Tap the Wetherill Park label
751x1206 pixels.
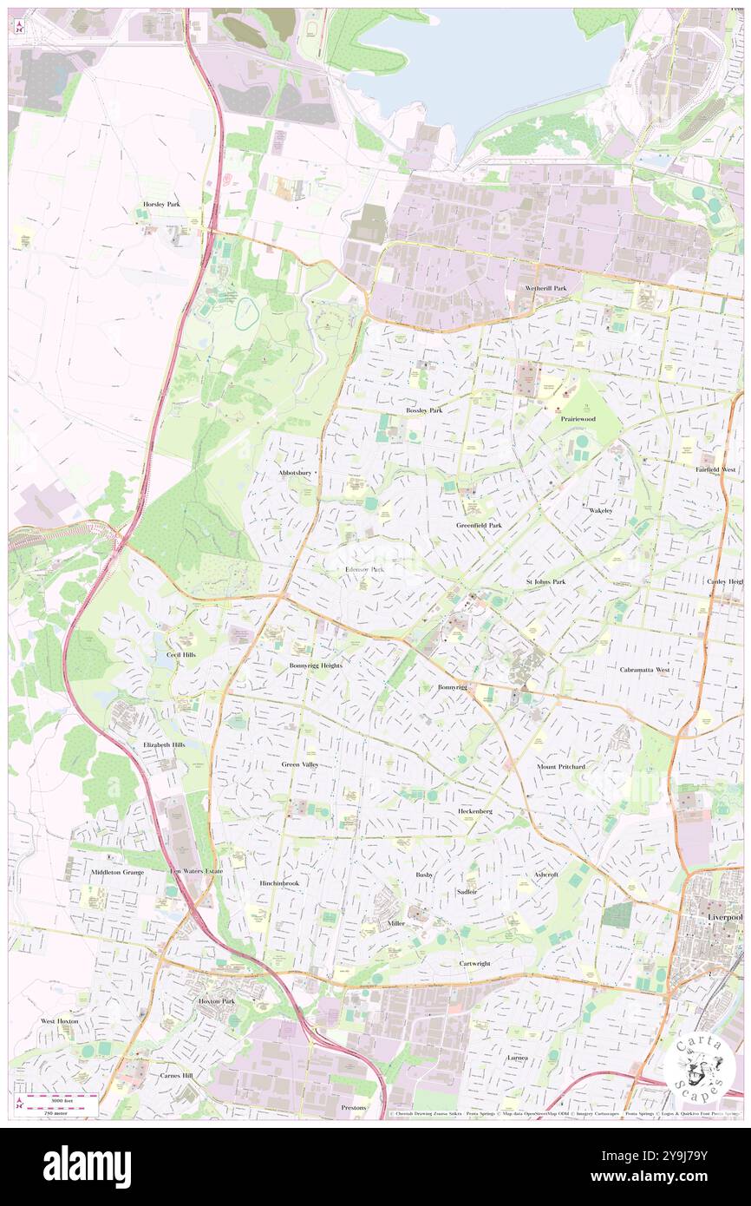pos(545,288)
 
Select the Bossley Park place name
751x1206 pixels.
pos(424,410)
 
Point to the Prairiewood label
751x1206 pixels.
pos(578,418)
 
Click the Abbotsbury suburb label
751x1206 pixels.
pos(295,473)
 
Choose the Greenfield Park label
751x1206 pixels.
pos(479,525)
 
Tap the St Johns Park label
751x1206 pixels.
pos(545,581)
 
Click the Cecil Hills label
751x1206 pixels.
pos(180,654)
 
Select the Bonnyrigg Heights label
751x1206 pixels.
pos(316,665)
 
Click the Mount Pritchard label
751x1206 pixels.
pos(561,767)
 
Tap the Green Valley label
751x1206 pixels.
pos(300,764)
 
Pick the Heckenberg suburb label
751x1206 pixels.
pos(475,810)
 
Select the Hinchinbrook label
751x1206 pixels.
pos(278,883)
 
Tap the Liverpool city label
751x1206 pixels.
pos(725,917)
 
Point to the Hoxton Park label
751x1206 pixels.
pos(211,1001)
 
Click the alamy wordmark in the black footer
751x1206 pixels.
pos(87,1166)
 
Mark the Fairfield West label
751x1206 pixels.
pos(715,469)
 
